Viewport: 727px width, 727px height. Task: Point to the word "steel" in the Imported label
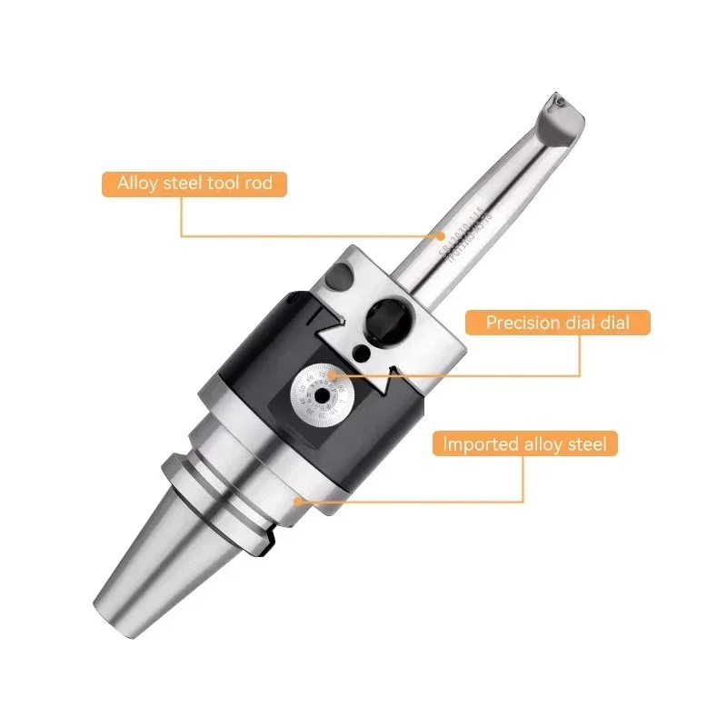coord(587,444)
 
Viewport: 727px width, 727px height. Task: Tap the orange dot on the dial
coord(334,373)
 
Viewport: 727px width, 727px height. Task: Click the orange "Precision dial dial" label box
coord(556,322)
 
